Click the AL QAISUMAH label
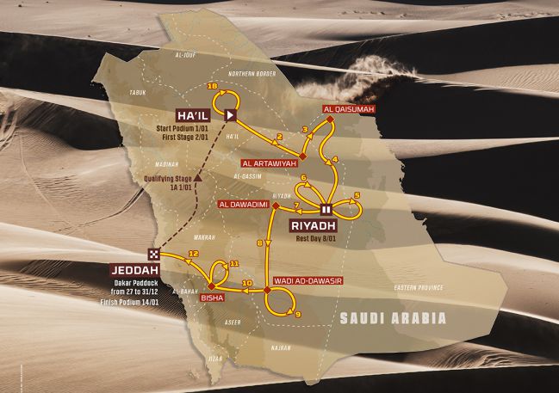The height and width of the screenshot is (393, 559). pyautogui.click(x=341, y=109)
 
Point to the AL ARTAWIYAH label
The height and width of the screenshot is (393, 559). pyautogui.click(x=269, y=162)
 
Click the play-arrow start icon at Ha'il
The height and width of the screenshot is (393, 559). pyautogui.click(x=232, y=114)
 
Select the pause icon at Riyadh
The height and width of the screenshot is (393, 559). pyautogui.click(x=326, y=209)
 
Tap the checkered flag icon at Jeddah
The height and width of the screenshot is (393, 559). pyautogui.click(x=153, y=254)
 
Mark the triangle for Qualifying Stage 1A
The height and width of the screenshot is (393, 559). pyautogui.click(x=199, y=177)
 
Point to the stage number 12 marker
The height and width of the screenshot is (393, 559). pyautogui.click(x=194, y=253)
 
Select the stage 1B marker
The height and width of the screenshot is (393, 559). pyautogui.click(x=212, y=86)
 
